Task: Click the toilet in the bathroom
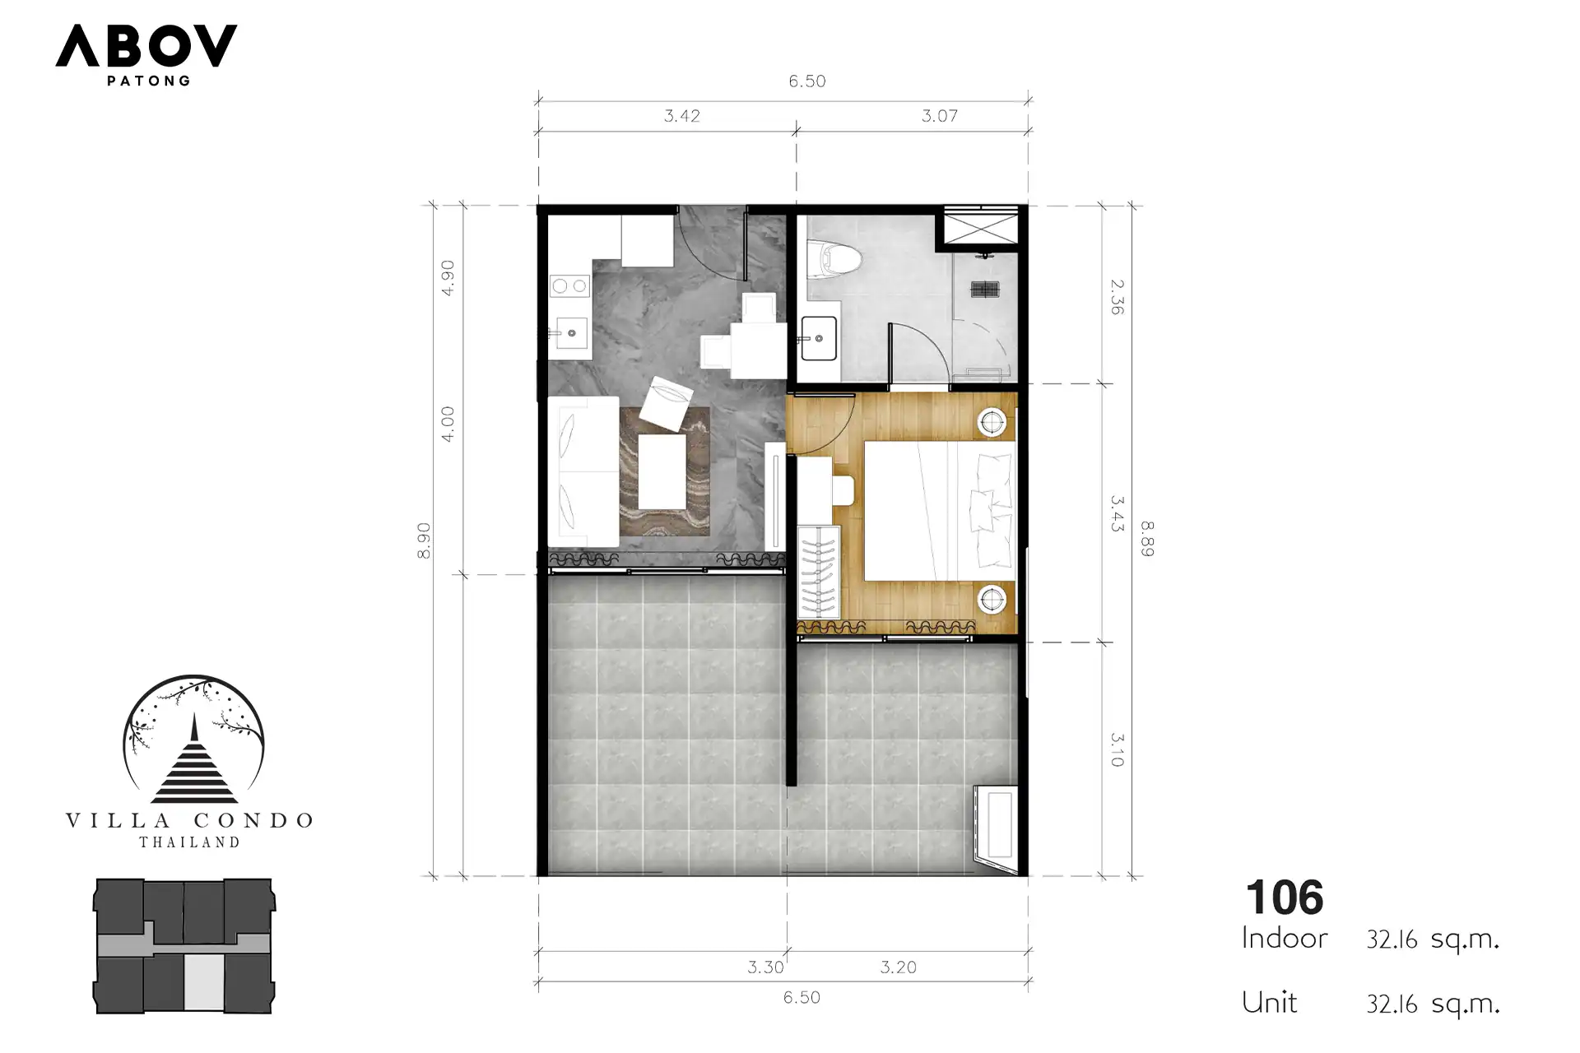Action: coord(834,258)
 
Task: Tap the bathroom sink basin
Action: coord(818,338)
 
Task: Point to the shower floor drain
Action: coord(984,289)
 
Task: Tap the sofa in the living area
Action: coord(583,471)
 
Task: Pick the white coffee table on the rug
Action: coord(662,472)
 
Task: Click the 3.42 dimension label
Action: coord(682,116)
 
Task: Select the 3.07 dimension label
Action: coord(940,116)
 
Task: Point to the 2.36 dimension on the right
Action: coord(1117,297)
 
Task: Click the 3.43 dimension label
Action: coord(1117,513)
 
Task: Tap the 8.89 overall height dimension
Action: coord(1147,539)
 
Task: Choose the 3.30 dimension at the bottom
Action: coord(765,967)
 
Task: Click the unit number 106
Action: coord(1285,898)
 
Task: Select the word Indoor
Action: coord(1285,938)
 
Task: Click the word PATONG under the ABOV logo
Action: coord(149,81)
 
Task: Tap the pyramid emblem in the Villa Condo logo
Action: coord(194,760)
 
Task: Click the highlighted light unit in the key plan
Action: coord(203,982)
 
